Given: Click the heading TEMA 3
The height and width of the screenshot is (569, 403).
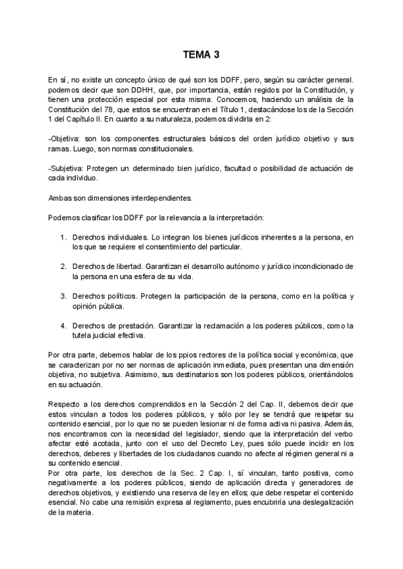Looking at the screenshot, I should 201,56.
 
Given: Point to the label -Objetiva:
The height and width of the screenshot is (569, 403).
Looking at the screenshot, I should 66,138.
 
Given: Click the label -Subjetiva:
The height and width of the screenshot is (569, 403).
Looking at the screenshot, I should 67,168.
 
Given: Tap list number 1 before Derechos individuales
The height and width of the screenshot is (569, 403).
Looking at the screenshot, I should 62,238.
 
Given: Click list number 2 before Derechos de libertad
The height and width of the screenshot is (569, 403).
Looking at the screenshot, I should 62,267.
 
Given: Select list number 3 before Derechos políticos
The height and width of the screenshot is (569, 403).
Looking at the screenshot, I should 62,296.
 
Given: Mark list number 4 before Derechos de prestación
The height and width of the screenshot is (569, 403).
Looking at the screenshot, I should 62,325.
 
